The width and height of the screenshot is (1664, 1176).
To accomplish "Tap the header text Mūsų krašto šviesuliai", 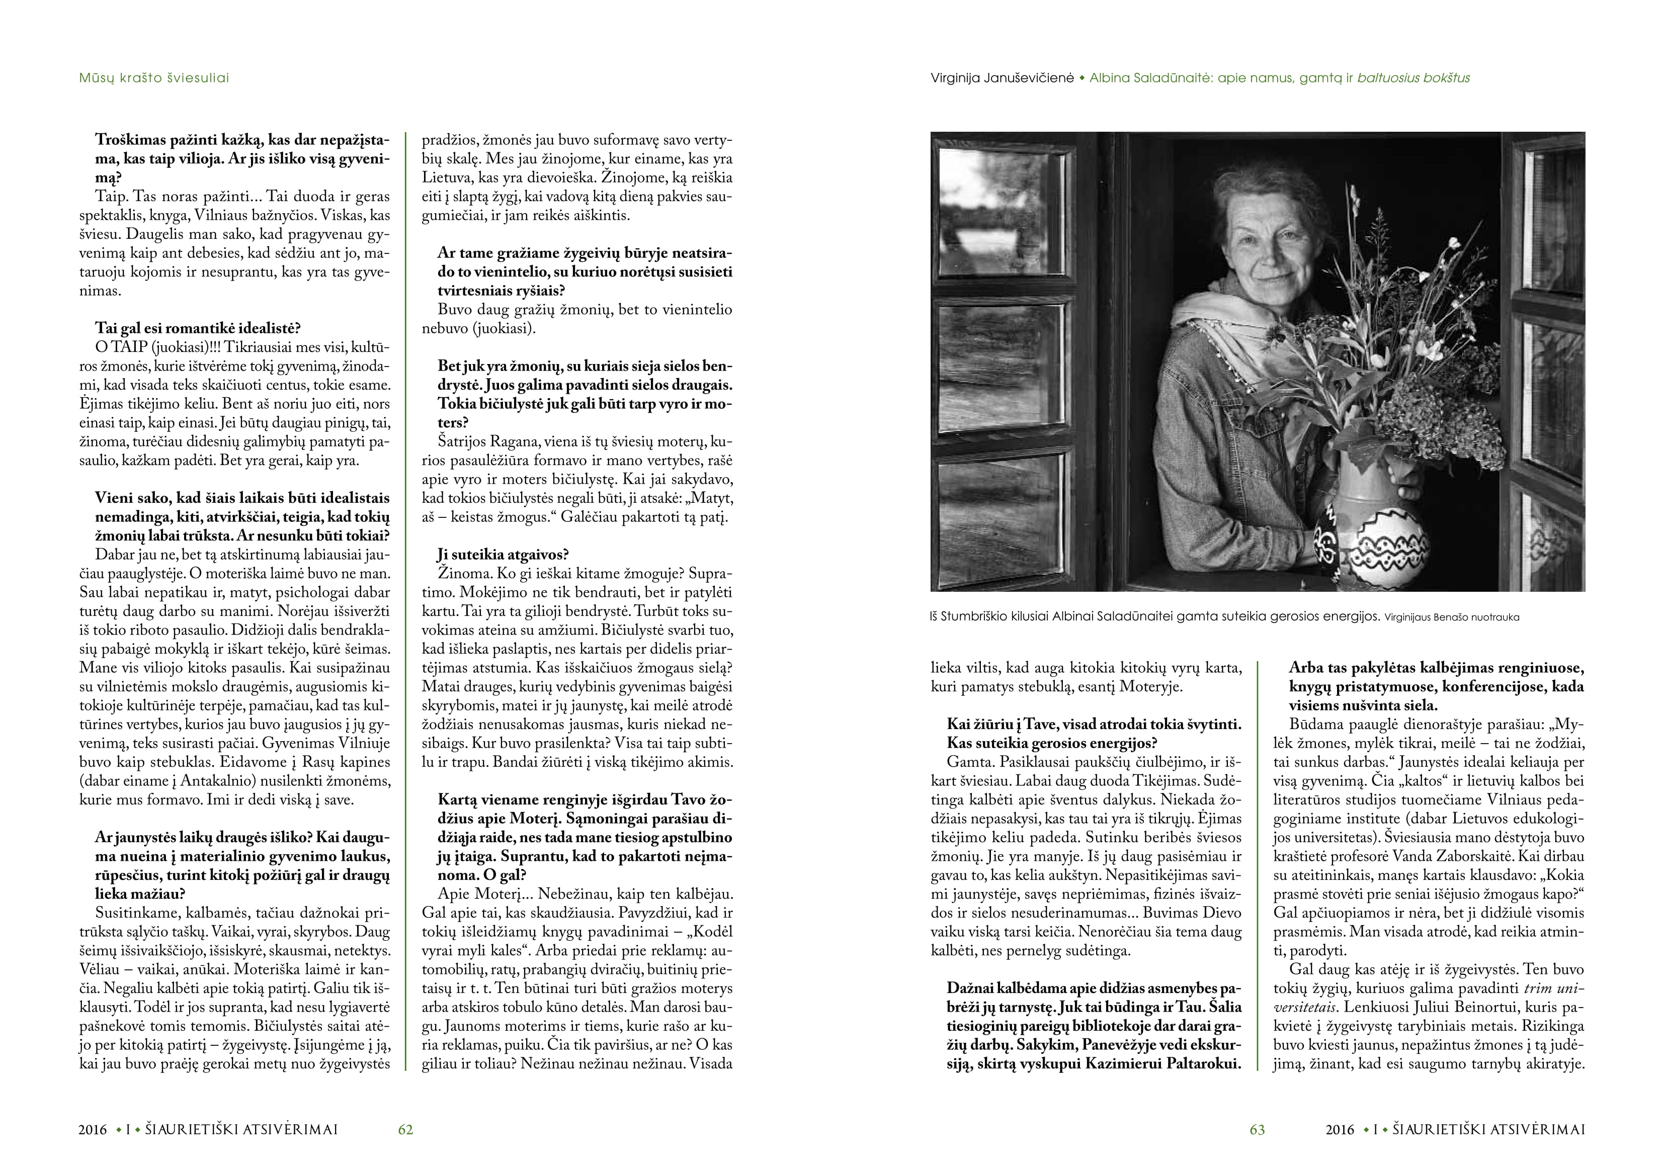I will coord(153,77).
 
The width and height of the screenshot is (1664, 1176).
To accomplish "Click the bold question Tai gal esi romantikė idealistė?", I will coord(197,328).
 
